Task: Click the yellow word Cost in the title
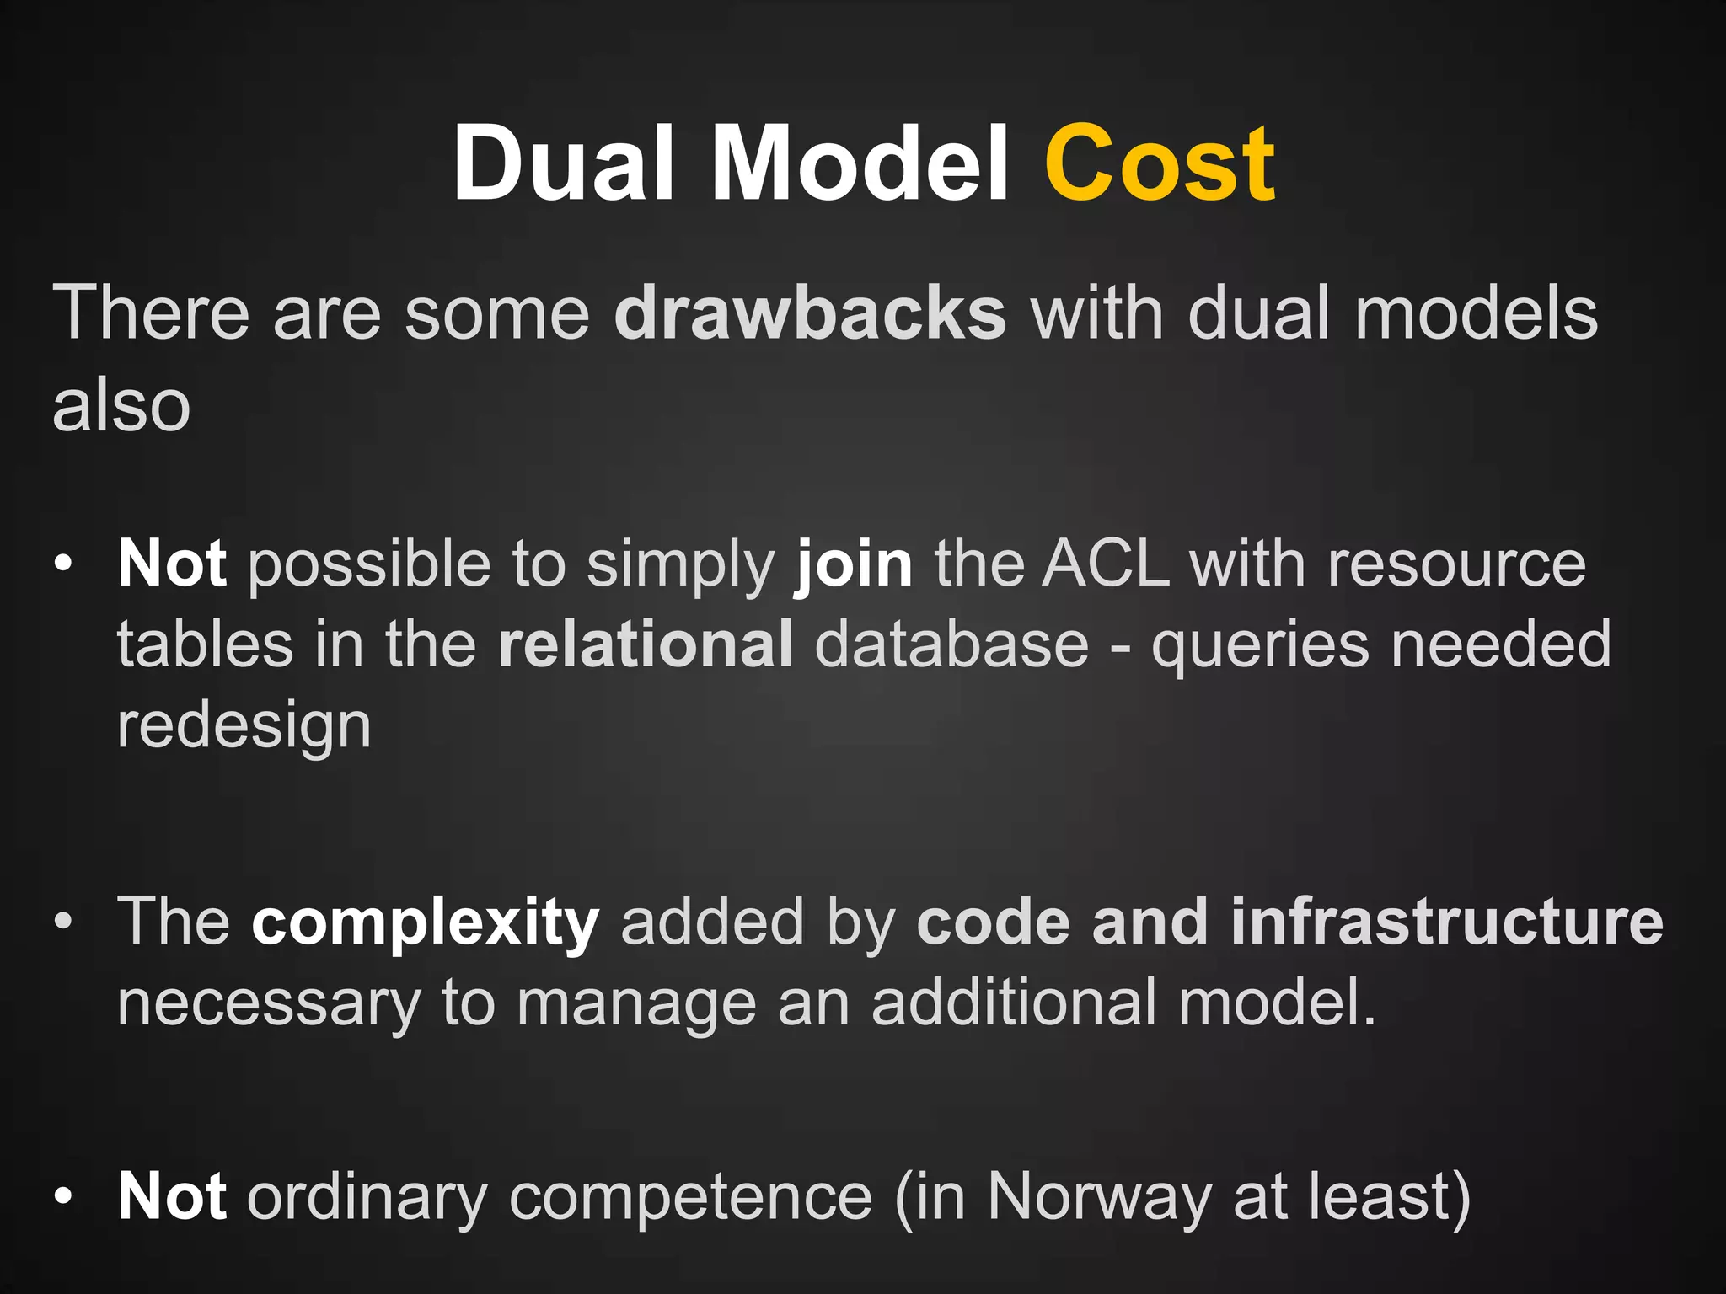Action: [x=1160, y=163]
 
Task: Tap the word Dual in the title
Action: [x=563, y=163]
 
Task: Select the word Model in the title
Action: [x=860, y=163]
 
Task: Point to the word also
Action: [x=121, y=406]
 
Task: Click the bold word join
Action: [x=854, y=564]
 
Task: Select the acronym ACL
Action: [x=1106, y=564]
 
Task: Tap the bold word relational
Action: [x=646, y=644]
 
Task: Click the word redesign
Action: [x=244, y=726]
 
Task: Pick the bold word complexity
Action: [x=426, y=922]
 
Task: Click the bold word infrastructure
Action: [x=1446, y=922]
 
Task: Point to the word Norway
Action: [x=1100, y=1195]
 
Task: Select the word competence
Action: [x=690, y=1195]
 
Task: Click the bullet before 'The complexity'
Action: [x=63, y=922]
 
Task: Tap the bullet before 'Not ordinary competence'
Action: [x=63, y=1196]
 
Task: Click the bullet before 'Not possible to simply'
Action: [x=63, y=564]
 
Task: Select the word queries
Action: [x=1260, y=644]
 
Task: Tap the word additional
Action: [x=1014, y=1003]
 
